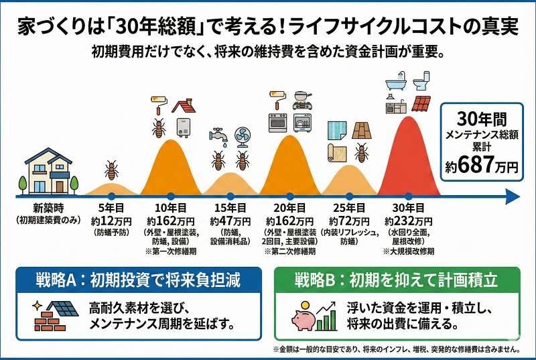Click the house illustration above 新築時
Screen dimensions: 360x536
[48, 170]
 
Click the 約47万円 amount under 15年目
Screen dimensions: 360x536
[228, 221]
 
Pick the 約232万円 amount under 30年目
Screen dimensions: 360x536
[409, 221]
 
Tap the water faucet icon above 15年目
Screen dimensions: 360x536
[218, 137]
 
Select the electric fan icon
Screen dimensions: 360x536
[241, 137]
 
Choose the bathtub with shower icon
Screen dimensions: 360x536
[396, 82]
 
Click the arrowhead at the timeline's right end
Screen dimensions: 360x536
[513, 196]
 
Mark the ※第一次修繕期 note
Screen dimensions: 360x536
[170, 251]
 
